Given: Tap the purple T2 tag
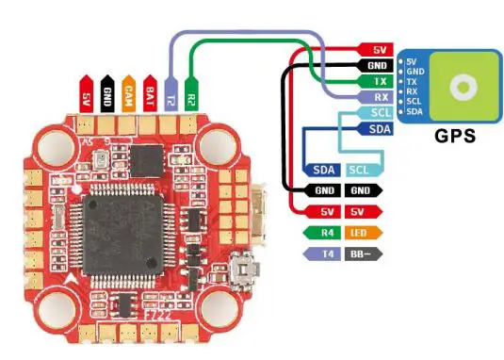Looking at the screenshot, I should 170,93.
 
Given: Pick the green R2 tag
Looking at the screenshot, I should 191,93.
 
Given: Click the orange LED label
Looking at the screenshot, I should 359,233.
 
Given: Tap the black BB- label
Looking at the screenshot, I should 359,254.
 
